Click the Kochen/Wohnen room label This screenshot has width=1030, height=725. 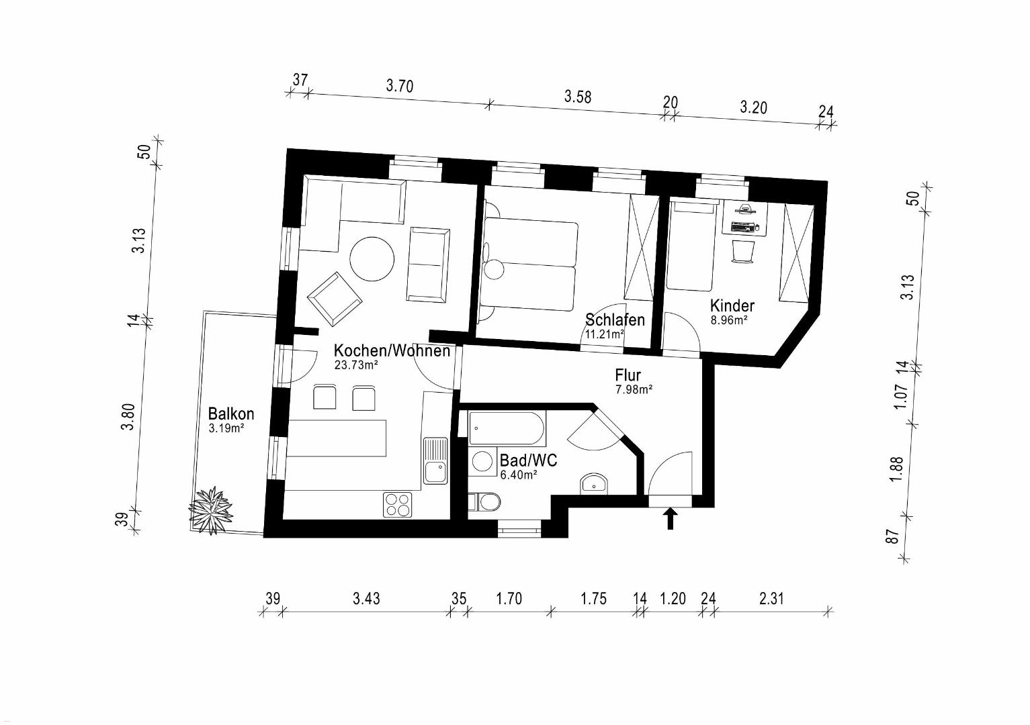pyautogui.click(x=392, y=351)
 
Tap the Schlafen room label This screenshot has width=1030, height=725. pyautogui.click(x=615, y=320)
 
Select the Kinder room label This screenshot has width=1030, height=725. pyautogui.click(x=732, y=305)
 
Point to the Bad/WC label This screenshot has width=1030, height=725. pyautogui.click(x=528, y=460)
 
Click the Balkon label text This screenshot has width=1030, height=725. pyautogui.click(x=231, y=414)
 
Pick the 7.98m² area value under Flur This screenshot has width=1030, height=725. pyautogui.click(x=634, y=390)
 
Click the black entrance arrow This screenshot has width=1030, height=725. pyautogui.click(x=671, y=518)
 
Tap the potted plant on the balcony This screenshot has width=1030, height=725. pyautogui.click(x=211, y=510)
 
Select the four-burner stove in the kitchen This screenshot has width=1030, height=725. pyautogui.click(x=398, y=504)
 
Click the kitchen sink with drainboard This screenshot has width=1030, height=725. pyautogui.click(x=435, y=460)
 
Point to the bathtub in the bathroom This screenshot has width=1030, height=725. pyautogui.click(x=507, y=428)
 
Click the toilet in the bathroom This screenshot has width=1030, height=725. pyautogui.click(x=484, y=502)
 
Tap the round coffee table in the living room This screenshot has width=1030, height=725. pyautogui.click(x=372, y=259)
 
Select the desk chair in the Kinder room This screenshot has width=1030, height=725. pyautogui.click(x=742, y=252)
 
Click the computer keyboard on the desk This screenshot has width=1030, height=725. pyautogui.click(x=742, y=227)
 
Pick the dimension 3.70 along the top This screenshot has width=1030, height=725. pyautogui.click(x=399, y=86)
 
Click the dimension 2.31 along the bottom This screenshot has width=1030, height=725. pyautogui.click(x=771, y=599)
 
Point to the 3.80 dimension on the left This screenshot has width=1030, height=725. pyautogui.click(x=129, y=417)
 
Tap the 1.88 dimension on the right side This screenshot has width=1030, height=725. pyautogui.click(x=897, y=470)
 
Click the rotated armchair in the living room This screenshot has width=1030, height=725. pyautogui.click(x=335, y=299)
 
